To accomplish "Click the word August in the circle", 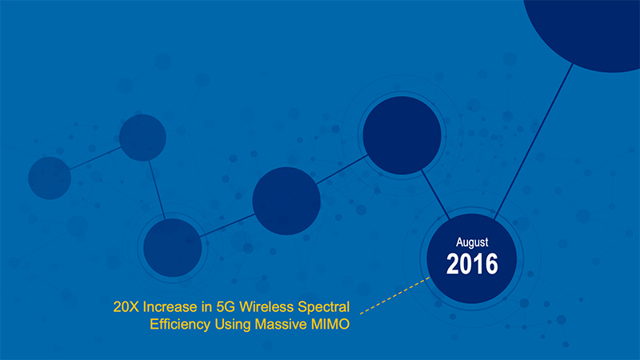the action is [472, 242].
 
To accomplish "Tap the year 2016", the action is [472, 264].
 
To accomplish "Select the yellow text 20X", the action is [126, 306].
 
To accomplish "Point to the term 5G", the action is [226, 306].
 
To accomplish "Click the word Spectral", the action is [324, 307].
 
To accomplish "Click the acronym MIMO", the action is [330, 324].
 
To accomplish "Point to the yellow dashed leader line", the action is [394, 295].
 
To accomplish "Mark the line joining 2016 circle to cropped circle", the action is [534, 142].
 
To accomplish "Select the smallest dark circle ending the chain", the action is [50, 178].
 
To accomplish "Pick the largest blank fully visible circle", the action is [402, 135].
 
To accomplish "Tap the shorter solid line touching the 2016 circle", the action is [435, 195].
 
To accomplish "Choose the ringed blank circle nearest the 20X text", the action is [172, 248].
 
